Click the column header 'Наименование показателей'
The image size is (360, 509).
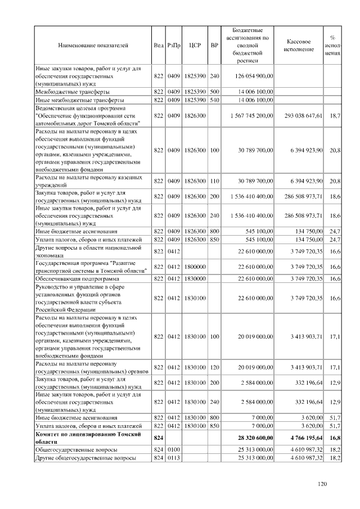tap(93, 44)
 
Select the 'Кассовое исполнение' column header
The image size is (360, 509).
tap(299, 44)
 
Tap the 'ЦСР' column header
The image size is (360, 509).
tap(195, 44)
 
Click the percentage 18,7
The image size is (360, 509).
tap(335, 115)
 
